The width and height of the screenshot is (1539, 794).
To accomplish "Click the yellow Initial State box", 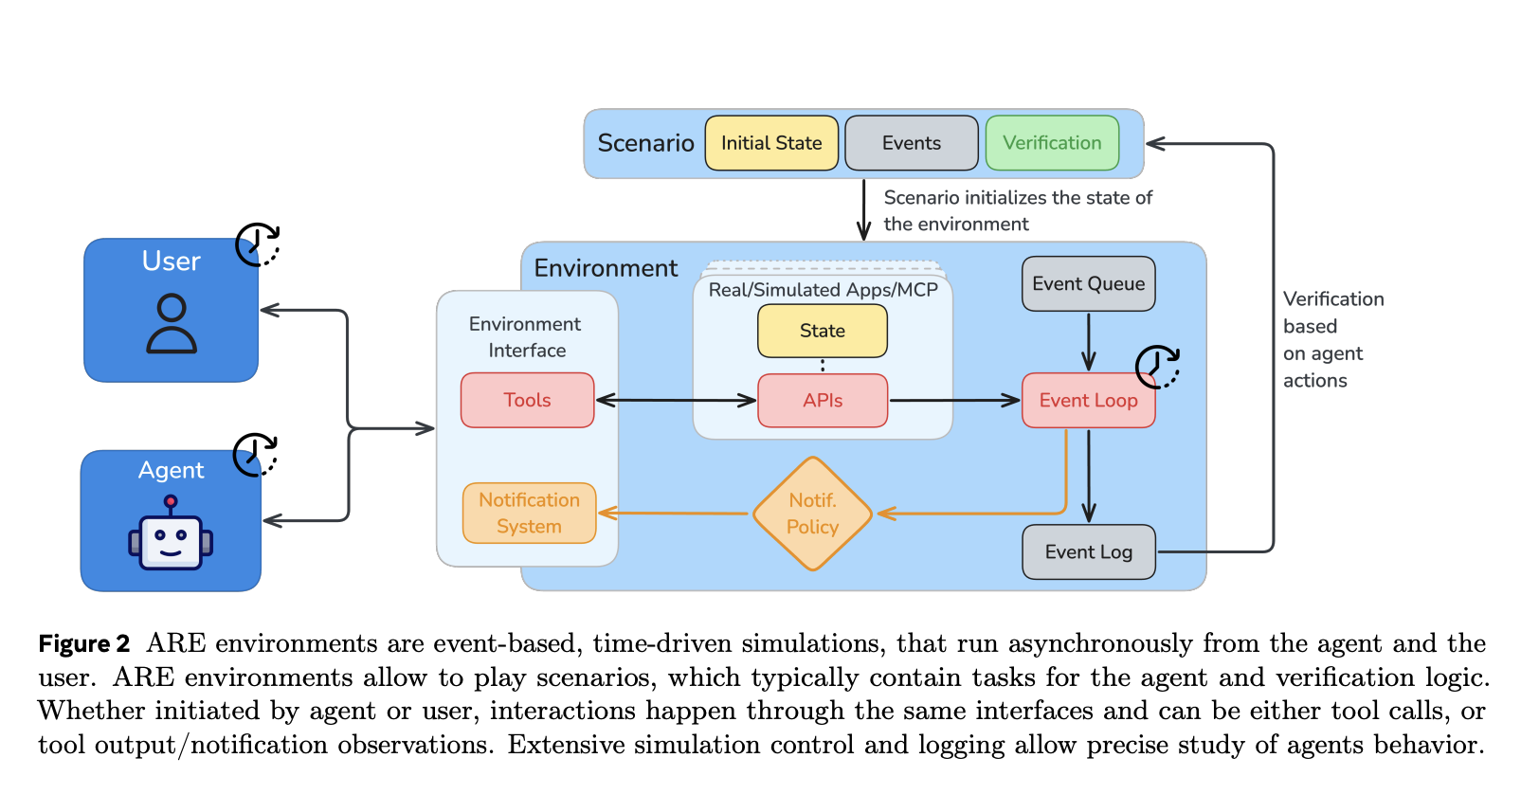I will (x=771, y=143).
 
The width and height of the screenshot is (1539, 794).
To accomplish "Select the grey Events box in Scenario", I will (x=911, y=143).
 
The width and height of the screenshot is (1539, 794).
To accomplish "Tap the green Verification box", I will (x=1052, y=143).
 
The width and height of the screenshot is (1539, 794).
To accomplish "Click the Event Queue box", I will (x=1088, y=283).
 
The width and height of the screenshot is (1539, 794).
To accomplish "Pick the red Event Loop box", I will (x=1088, y=401).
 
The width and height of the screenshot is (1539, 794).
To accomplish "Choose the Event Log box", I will (x=1088, y=551).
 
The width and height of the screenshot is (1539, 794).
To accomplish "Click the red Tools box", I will (x=527, y=400).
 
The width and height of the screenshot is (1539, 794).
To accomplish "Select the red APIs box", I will (x=823, y=401).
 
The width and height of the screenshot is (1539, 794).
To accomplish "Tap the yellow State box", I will (x=822, y=331).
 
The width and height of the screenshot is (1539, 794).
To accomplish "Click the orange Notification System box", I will (x=529, y=513).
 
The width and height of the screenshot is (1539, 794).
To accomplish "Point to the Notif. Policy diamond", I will (x=812, y=514).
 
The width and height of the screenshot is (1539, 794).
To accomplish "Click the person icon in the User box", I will (x=172, y=323).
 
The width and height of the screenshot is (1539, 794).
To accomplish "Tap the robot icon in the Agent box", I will (x=171, y=535).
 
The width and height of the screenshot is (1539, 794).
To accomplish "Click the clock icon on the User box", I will (x=257, y=245).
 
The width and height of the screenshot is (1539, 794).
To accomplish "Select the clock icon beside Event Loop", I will (x=1157, y=367).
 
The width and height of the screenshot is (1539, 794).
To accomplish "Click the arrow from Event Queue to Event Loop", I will (x=1088, y=342).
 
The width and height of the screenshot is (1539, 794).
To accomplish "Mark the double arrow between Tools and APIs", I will (x=676, y=400).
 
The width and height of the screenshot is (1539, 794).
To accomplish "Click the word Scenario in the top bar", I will (x=645, y=143).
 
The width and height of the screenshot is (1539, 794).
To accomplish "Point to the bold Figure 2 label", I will (x=83, y=644).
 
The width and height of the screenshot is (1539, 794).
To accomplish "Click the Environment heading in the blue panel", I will (x=606, y=268).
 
